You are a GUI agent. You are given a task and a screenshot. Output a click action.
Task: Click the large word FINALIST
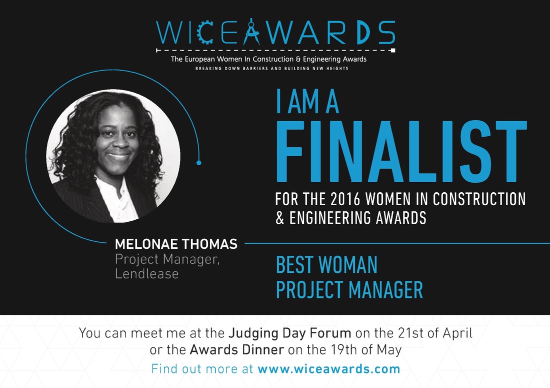(401, 152)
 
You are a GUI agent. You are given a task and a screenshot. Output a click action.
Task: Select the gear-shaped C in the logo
(205, 33)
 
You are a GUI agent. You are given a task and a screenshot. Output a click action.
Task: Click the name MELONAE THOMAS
(176, 244)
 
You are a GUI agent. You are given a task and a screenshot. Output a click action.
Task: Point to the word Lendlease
(146, 274)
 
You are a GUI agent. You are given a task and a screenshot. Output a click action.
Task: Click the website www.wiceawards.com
(328, 369)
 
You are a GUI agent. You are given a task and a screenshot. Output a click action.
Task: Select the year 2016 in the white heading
(345, 199)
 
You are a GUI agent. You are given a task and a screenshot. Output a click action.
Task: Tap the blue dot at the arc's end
(199, 163)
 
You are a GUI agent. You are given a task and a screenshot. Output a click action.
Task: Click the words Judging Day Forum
(289, 333)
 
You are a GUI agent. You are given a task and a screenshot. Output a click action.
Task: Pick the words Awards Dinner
(237, 350)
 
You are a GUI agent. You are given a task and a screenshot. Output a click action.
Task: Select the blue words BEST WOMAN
(326, 265)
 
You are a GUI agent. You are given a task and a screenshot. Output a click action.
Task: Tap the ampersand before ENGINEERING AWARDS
(280, 218)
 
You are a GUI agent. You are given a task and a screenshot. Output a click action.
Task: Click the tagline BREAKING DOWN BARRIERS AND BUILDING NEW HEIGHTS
(272, 69)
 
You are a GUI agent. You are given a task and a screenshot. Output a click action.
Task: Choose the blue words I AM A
(307, 102)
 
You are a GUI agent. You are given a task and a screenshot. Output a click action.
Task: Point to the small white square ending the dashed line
(393, 50)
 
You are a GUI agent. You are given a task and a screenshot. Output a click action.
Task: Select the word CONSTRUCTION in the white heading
(479, 199)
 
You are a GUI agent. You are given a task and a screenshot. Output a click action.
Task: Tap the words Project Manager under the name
(167, 259)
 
